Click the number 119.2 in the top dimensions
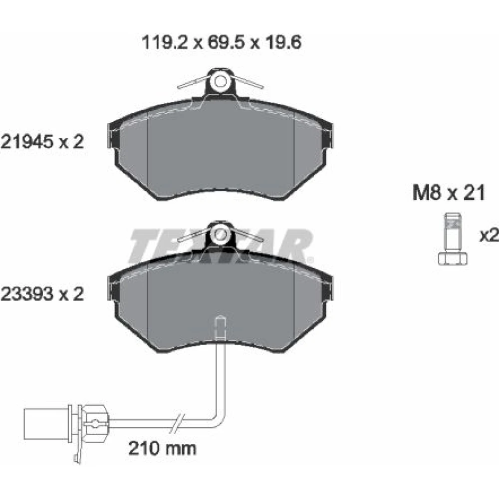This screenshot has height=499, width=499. pyautogui.click(x=165, y=42)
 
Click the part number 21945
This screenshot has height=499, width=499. pyautogui.click(x=26, y=142)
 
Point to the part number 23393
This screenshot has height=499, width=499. pyautogui.click(x=26, y=294)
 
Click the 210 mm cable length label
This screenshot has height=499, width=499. pyautogui.click(x=162, y=449)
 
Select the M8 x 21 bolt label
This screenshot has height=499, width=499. pyautogui.click(x=449, y=193)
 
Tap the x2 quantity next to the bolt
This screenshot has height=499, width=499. pyautogui.click(x=489, y=236)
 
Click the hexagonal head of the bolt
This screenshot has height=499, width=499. pyautogui.click(x=453, y=258)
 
